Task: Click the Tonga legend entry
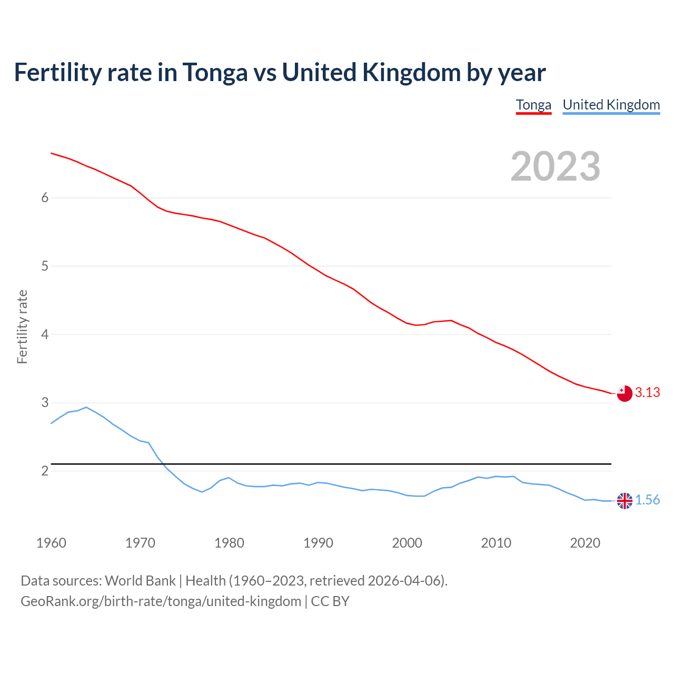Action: (533, 105)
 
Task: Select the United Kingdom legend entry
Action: (611, 105)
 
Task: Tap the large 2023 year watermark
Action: (556, 166)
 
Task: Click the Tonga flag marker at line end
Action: (624, 393)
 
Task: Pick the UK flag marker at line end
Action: (624, 501)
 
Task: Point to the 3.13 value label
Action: (647, 393)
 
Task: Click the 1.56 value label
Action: (647, 500)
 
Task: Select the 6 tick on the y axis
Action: (45, 198)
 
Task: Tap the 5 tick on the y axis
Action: (45, 266)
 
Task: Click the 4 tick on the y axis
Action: (45, 334)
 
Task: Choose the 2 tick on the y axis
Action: (45, 471)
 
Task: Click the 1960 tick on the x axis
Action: (51, 543)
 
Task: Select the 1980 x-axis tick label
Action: (229, 543)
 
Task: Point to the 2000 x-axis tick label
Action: (407, 543)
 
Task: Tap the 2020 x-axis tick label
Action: (585, 543)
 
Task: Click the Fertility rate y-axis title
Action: (22, 326)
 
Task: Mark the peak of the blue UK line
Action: (86, 407)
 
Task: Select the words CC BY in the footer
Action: (330, 601)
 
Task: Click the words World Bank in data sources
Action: (140, 581)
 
